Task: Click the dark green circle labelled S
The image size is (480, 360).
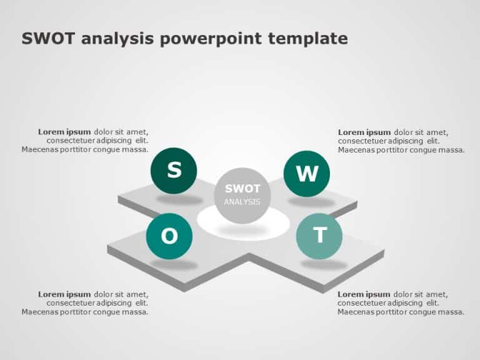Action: pos(174,170)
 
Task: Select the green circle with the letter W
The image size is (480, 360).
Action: pos(306,174)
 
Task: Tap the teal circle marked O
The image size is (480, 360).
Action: pos(169,236)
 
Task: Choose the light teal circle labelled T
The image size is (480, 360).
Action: pos(319,236)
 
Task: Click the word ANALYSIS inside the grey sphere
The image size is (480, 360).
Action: pos(242,202)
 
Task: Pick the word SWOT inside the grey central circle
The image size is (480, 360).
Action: pos(242,188)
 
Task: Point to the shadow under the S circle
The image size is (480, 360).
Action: pos(179,200)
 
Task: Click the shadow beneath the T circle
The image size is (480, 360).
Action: pos(324,264)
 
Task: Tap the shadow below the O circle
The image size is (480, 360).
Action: pos(174,264)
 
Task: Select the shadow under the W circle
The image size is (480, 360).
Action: pos(311,202)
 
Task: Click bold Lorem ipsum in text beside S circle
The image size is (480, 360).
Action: pos(64,132)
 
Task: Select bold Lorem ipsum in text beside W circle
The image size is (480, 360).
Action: pos(364,132)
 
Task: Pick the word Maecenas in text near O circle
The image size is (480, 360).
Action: pos(41,312)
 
